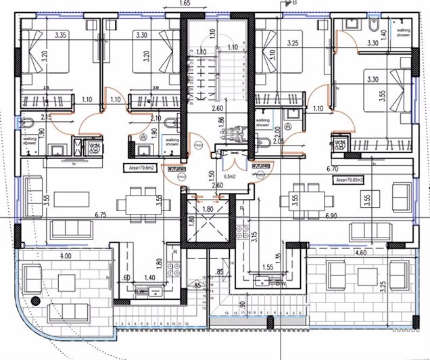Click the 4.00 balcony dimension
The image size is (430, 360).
65,256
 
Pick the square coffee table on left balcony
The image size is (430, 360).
66,282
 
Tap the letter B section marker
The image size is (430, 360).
293,3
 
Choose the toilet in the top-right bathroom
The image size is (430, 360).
373,26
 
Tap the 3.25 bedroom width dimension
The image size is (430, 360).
293,43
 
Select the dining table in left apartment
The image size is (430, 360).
129,203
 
